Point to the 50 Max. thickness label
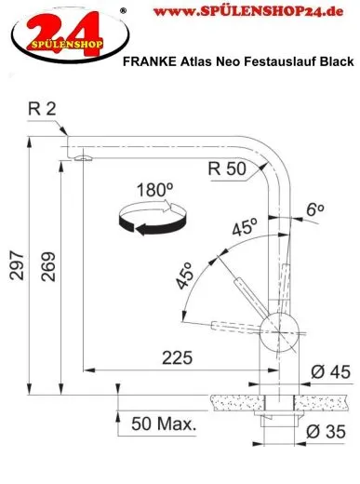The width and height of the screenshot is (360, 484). coord(164,425)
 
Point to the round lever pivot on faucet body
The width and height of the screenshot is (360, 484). coord(276,327)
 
